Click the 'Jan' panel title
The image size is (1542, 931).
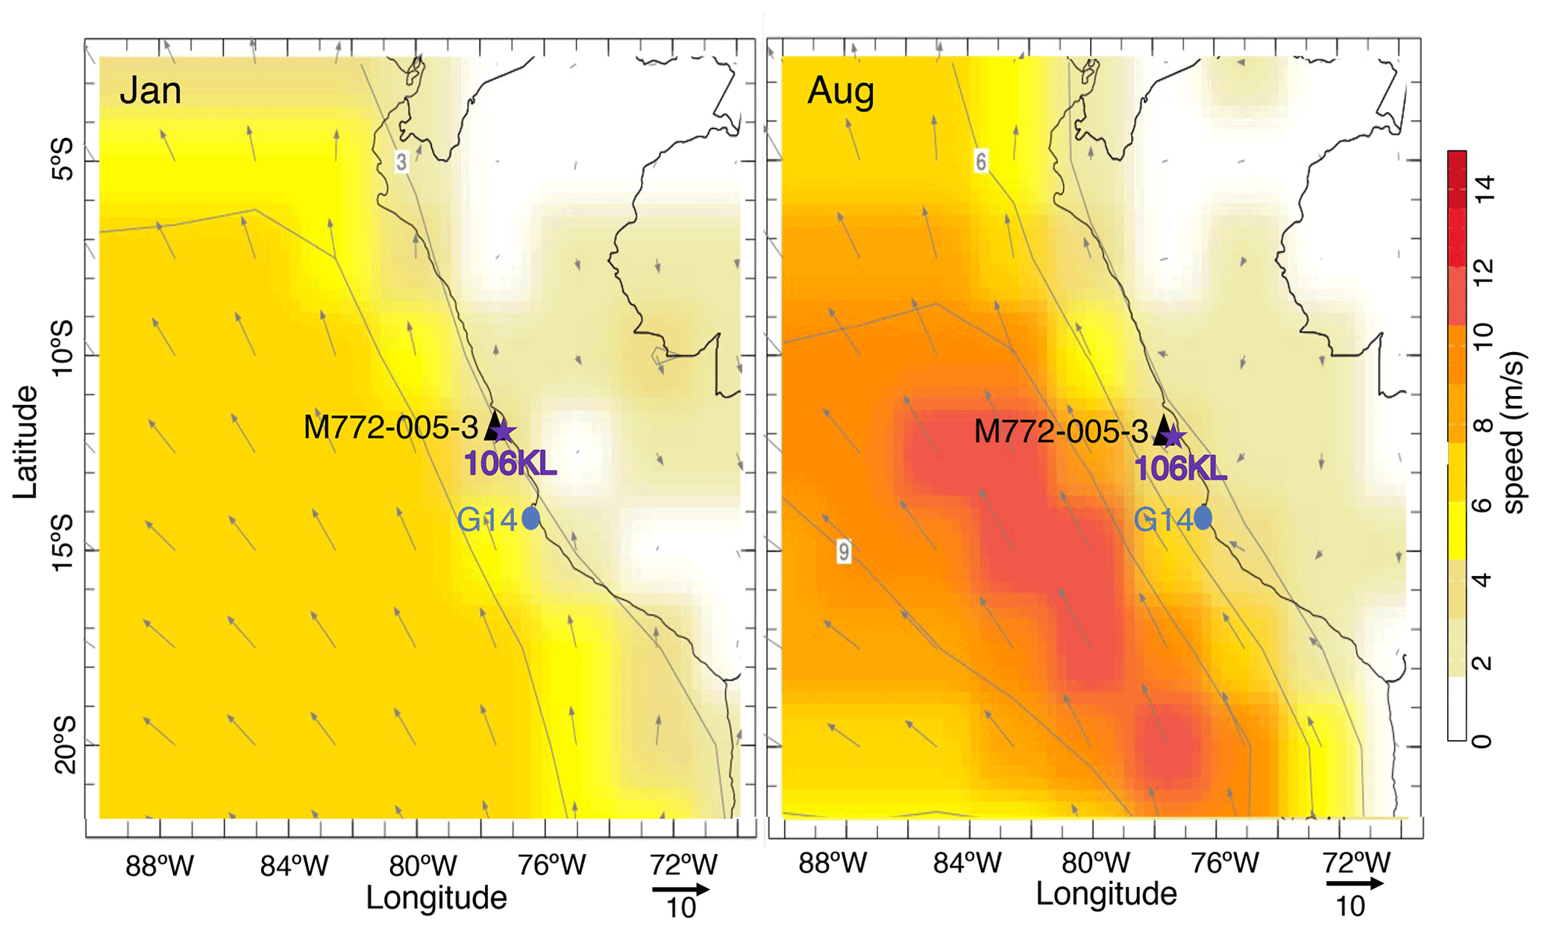tap(150, 91)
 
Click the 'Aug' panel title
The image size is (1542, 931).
tap(840, 91)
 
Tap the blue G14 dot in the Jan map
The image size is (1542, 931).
tap(530, 518)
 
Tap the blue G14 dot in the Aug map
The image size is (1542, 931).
tap(1203, 517)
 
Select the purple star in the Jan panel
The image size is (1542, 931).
tap(504, 431)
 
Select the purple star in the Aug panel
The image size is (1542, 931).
tap(1173, 436)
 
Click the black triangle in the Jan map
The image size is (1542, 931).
tap(493, 425)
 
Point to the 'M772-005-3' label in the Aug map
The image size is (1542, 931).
tap(1061, 431)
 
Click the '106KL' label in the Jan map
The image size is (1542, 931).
tap(510, 463)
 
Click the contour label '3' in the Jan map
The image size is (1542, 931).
tap(401, 162)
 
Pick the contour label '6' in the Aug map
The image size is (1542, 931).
tap(981, 161)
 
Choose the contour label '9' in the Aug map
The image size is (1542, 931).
tap(844, 551)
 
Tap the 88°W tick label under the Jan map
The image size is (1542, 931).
tap(160, 866)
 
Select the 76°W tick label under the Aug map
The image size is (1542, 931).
tap(1224, 863)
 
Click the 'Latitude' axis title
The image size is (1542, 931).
tap(25, 442)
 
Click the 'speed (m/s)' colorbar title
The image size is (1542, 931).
tap(1514, 433)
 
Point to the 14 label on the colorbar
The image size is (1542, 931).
tap(1484, 188)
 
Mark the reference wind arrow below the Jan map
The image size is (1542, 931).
tap(680, 889)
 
